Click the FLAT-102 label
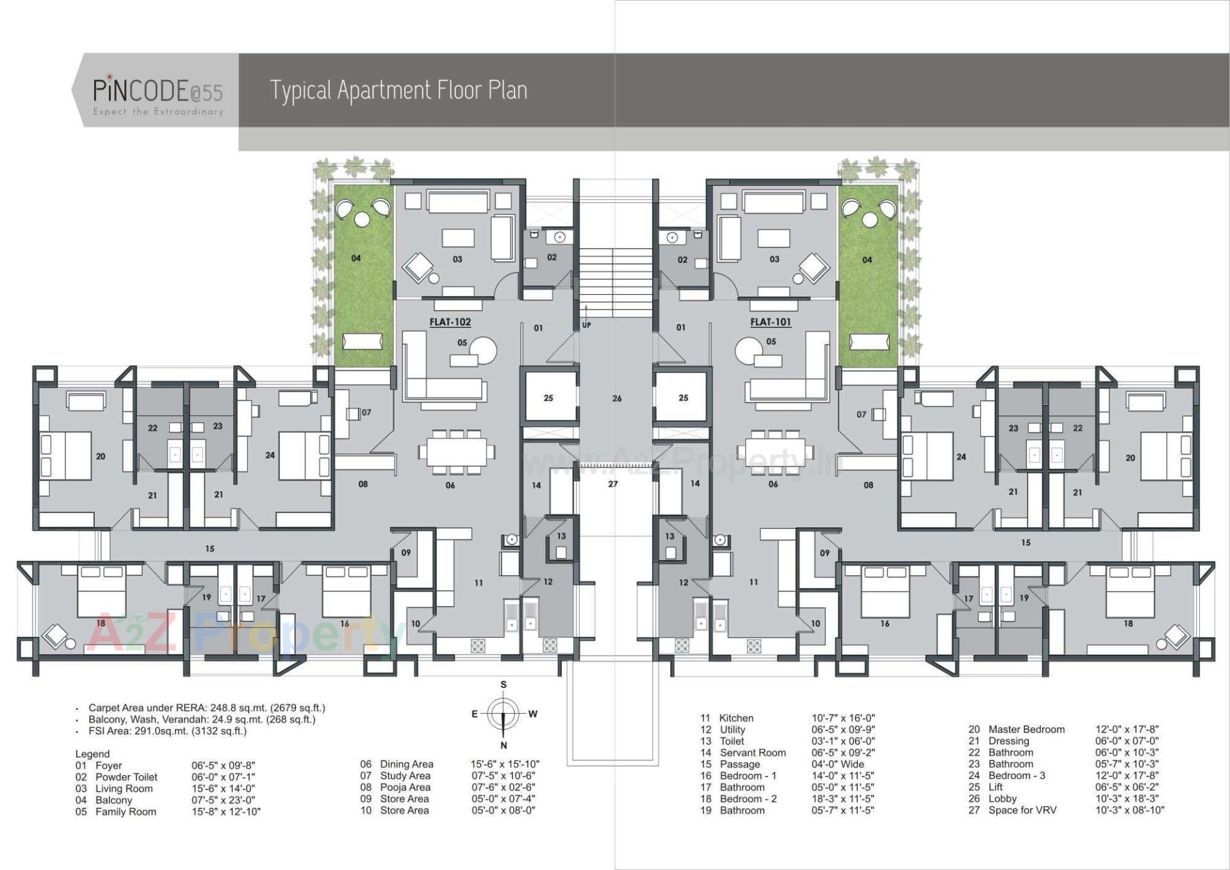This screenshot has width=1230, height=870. point(450,322)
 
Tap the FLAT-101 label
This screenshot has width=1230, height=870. point(770,322)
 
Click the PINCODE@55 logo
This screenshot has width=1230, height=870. point(158,92)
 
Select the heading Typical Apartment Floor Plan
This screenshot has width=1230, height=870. point(398,90)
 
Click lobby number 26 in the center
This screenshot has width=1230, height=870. point(616,398)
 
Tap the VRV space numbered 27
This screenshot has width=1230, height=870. point(613,484)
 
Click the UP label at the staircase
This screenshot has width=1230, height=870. point(587,325)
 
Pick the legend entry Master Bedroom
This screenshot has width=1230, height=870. point(1026,729)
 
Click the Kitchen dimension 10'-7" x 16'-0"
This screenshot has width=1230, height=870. point(843,718)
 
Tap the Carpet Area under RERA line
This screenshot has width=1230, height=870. point(207,708)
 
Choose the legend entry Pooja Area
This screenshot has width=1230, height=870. point(405,787)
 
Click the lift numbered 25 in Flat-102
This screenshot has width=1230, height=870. point(548,398)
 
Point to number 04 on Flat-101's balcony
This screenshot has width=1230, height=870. point(867,260)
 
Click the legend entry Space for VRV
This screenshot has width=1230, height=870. point(1022,810)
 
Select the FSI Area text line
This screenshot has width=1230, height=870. point(167,731)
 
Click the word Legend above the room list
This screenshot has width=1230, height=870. point(92,754)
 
